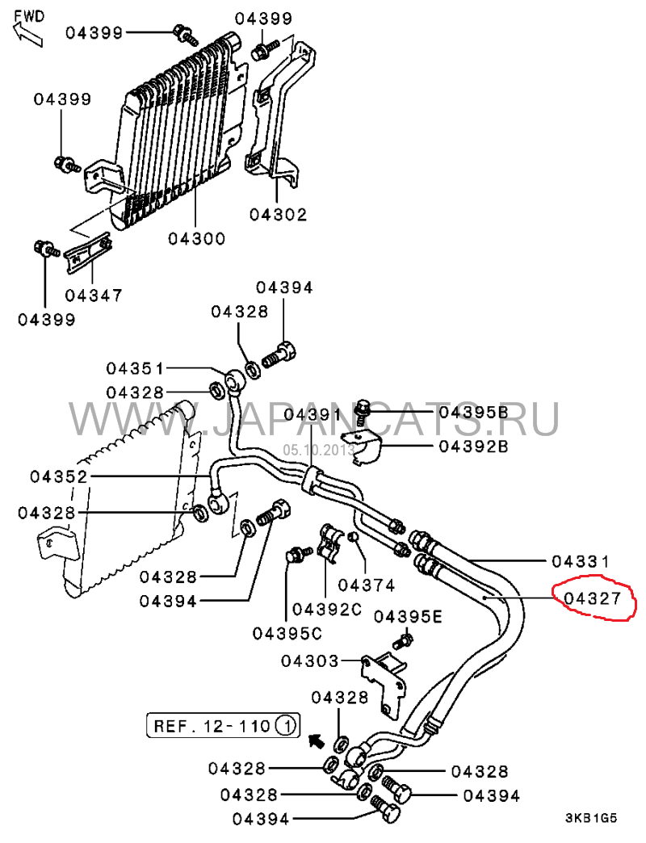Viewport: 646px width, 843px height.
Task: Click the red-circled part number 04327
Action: pyautogui.click(x=592, y=598)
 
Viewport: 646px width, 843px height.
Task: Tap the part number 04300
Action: pyautogui.click(x=197, y=238)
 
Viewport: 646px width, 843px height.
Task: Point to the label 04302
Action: pyautogui.click(x=278, y=215)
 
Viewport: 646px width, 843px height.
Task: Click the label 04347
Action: pyautogui.click(x=94, y=296)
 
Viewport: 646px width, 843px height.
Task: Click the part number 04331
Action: pyautogui.click(x=581, y=561)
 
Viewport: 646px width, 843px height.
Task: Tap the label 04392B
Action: pyautogui.click(x=473, y=447)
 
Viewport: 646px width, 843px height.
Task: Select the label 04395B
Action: pyautogui.click(x=473, y=413)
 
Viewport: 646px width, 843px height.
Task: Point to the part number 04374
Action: pyautogui.click(x=367, y=585)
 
